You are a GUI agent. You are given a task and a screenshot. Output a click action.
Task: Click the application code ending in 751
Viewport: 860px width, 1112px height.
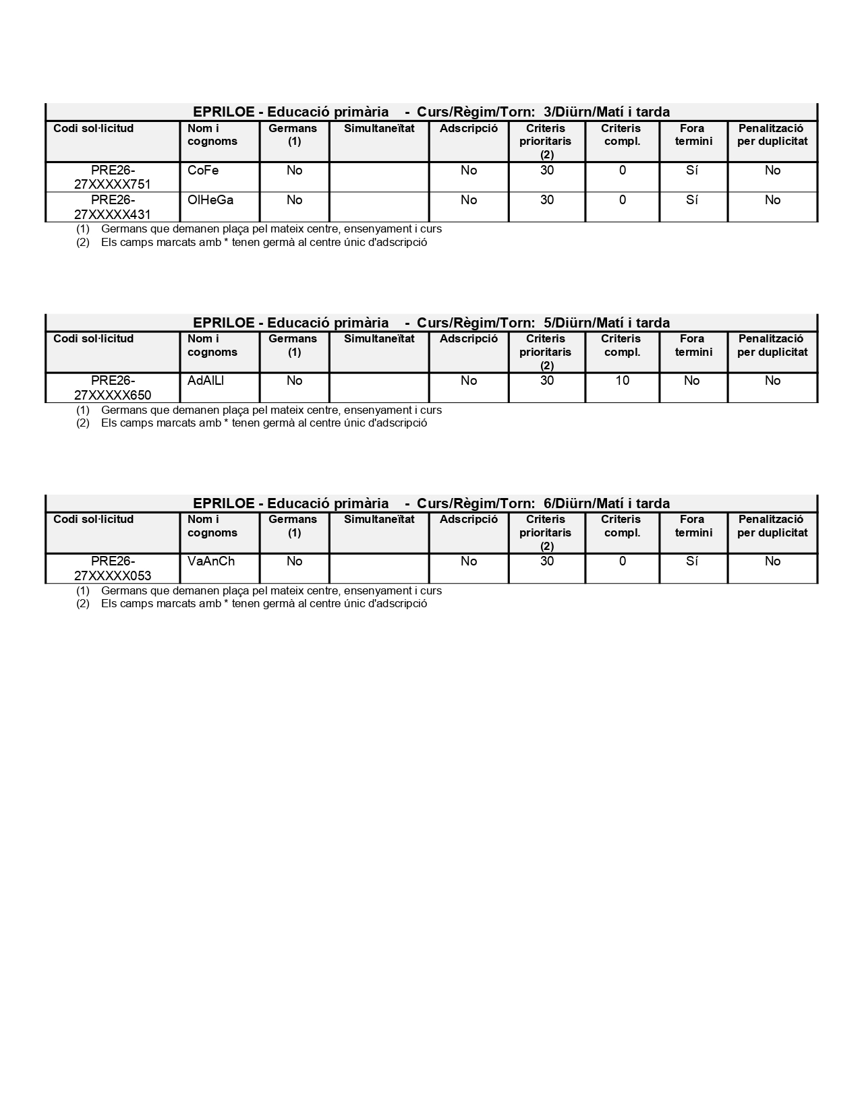point(113,177)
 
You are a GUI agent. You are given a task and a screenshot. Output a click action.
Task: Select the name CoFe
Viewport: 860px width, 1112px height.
point(203,171)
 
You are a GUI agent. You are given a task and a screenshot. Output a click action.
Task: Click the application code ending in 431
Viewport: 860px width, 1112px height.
point(113,207)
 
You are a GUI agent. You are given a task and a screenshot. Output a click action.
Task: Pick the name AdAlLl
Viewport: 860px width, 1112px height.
point(206,381)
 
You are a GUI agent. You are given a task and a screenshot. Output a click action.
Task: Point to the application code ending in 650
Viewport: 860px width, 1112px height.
point(113,388)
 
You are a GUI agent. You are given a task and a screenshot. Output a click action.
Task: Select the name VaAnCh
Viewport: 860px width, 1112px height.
point(211,561)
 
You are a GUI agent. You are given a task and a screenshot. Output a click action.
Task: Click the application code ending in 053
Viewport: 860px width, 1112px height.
point(113,568)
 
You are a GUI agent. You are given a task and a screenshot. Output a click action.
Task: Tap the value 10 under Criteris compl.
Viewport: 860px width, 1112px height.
point(622,381)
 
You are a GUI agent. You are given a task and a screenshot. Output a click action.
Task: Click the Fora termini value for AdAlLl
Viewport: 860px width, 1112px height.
point(692,381)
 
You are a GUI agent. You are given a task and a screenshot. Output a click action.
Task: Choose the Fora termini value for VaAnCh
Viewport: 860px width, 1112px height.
point(692,561)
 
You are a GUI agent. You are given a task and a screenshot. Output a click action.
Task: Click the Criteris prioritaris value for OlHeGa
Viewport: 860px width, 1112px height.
point(547,200)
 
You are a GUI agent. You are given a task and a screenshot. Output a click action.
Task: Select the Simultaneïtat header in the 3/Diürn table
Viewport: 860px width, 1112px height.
point(379,129)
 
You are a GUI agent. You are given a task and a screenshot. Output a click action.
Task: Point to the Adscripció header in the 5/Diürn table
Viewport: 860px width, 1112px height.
point(469,339)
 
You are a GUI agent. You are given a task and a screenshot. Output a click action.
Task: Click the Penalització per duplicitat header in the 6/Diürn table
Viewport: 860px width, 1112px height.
point(772,526)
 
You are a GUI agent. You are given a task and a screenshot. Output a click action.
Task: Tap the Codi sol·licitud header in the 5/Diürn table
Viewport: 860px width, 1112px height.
point(94,339)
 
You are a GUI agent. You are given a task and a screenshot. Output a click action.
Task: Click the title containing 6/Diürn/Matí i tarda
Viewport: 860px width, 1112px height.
point(431,503)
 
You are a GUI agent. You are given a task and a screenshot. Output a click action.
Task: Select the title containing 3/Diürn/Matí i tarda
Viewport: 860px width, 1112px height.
point(431,112)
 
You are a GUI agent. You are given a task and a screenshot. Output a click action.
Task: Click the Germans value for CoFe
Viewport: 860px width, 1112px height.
point(295,171)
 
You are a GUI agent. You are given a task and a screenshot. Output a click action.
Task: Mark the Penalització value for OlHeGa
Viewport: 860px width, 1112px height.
point(772,200)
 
